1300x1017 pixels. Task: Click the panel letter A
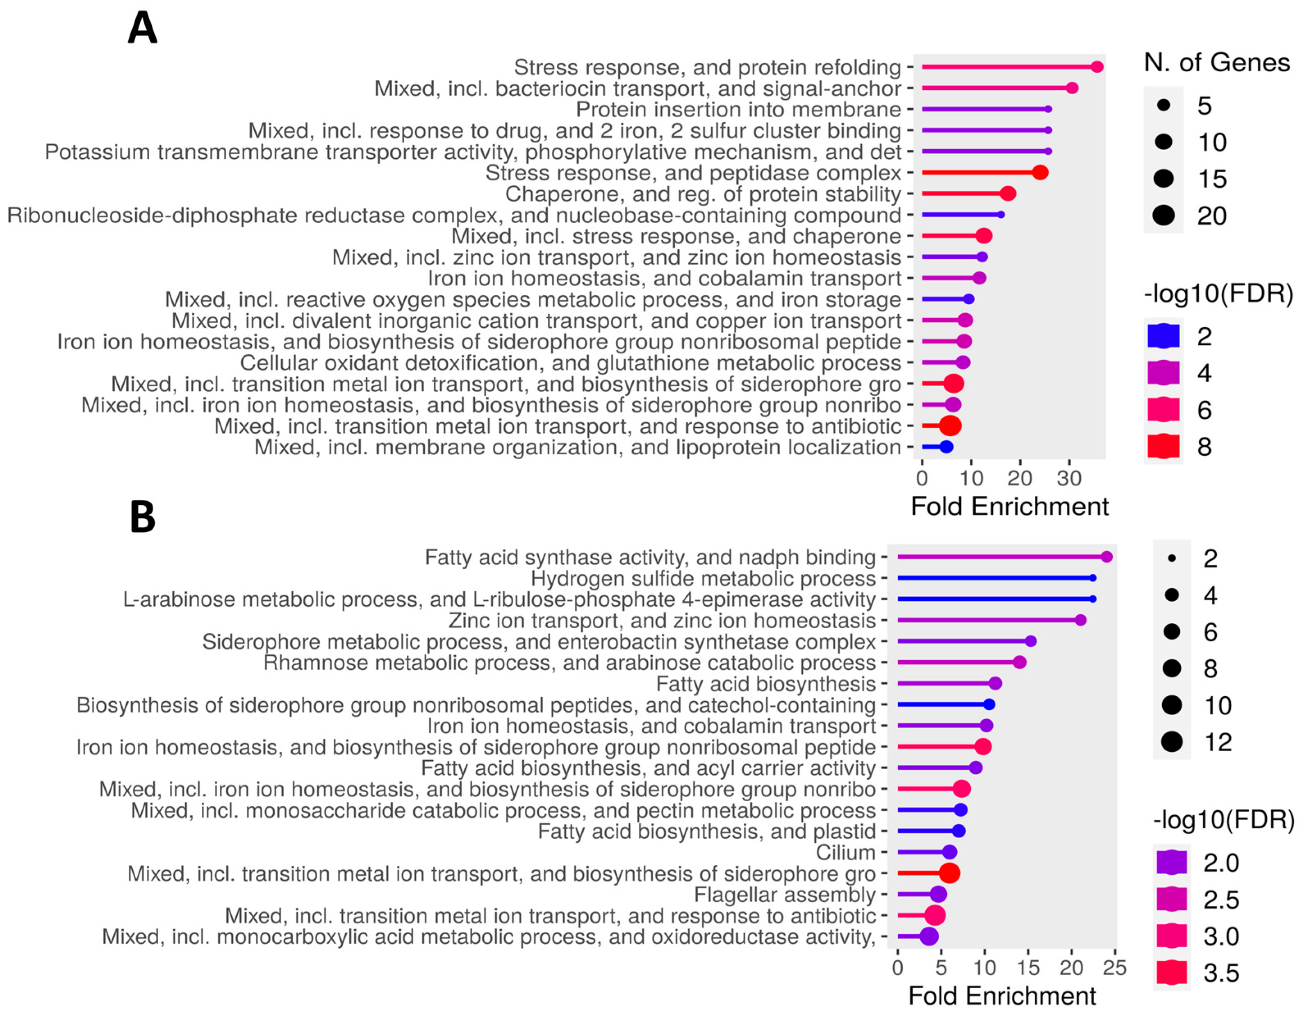(142, 28)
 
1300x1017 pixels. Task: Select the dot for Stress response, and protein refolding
(1097, 67)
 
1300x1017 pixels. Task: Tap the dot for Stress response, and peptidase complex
(1040, 173)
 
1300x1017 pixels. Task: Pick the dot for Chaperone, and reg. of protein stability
(1008, 194)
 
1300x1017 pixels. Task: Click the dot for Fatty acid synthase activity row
(1106, 557)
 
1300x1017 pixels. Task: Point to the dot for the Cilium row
(949, 852)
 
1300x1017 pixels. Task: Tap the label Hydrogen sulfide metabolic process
(703, 578)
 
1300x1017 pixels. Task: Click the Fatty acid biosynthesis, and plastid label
(706, 831)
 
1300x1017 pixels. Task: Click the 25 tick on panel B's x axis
(1114, 967)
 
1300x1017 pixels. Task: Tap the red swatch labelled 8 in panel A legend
(1163, 447)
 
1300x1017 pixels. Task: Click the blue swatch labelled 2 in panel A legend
(1163, 336)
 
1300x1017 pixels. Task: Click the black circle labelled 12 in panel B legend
(1171, 742)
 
